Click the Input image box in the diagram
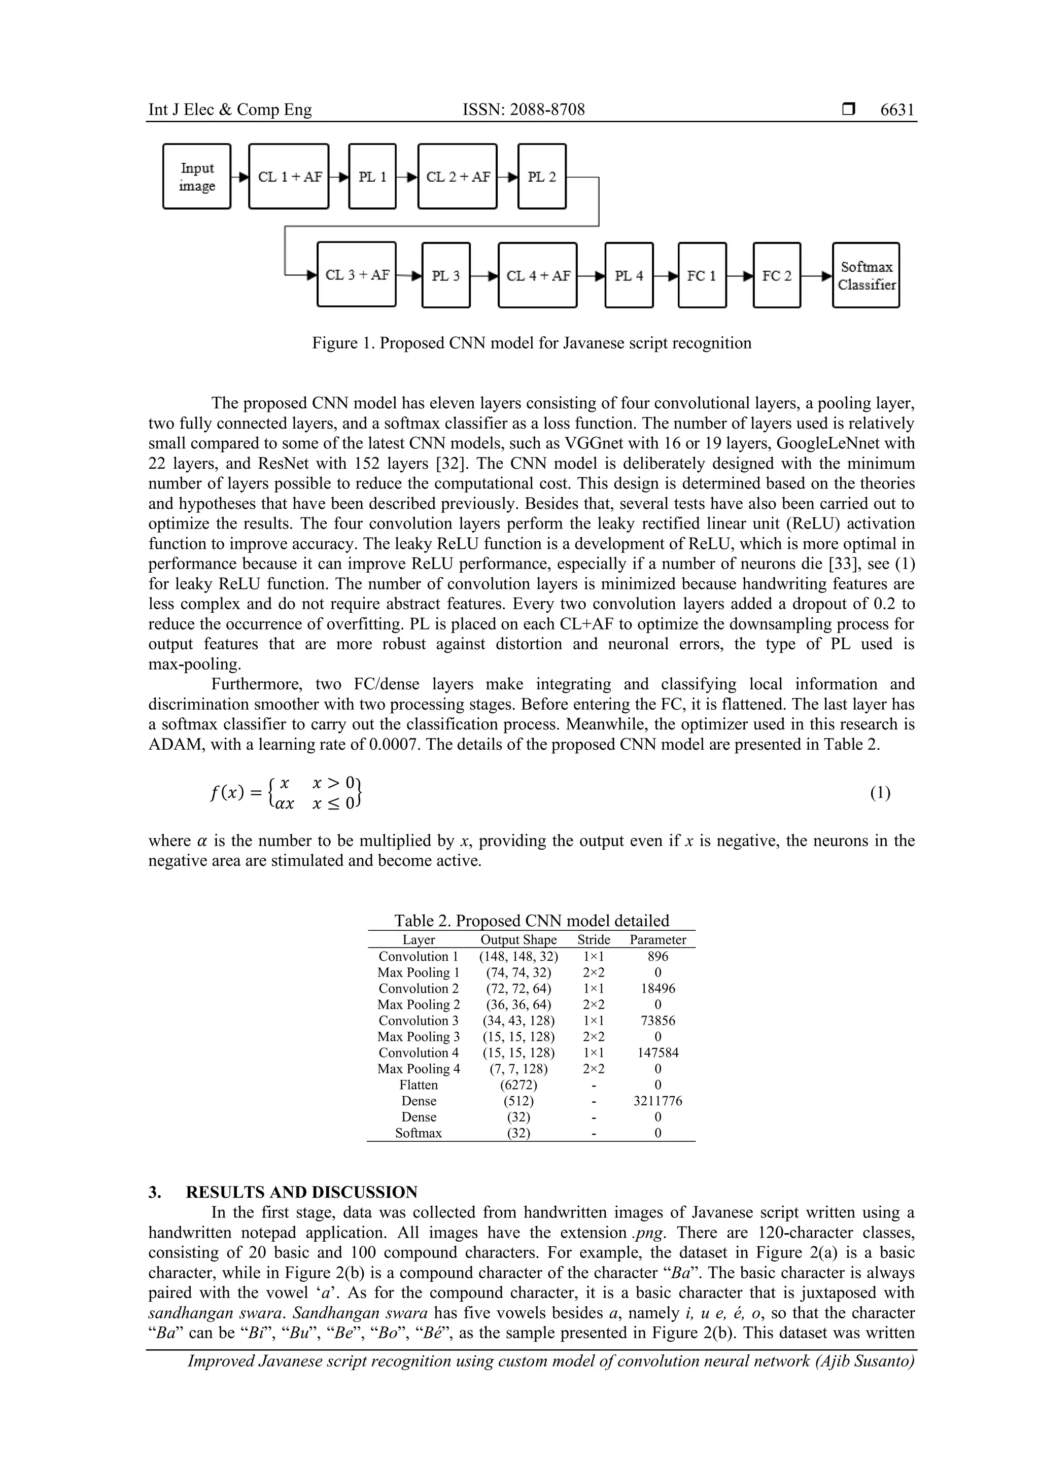(196, 177)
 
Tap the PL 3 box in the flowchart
(446, 275)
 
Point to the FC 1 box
(702, 275)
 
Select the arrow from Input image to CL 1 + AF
(240, 177)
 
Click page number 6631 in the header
(897, 110)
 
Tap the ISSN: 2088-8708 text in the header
(524, 110)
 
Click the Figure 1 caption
(531, 343)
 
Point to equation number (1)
(880, 793)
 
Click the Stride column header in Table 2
(594, 939)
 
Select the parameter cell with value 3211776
(657, 1100)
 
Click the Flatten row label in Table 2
(419, 1085)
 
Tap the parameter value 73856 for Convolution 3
(657, 1021)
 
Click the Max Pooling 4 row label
(419, 1068)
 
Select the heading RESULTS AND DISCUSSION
(301, 1192)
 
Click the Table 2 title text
(531, 921)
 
